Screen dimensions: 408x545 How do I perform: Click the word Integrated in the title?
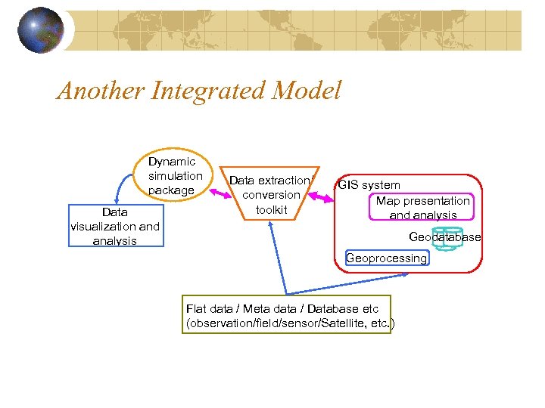(211, 91)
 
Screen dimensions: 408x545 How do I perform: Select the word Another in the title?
(100, 91)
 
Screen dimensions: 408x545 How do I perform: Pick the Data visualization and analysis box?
(114, 226)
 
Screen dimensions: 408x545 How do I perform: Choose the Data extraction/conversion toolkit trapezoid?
(271, 194)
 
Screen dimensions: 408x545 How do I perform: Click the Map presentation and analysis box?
(422, 208)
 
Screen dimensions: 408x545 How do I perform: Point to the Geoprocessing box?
(386, 258)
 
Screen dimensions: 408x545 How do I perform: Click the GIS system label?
(369, 185)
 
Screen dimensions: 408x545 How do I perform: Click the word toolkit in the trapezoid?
(271, 209)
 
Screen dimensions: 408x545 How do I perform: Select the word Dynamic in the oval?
(172, 162)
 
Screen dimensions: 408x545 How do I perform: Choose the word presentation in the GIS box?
(435, 201)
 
